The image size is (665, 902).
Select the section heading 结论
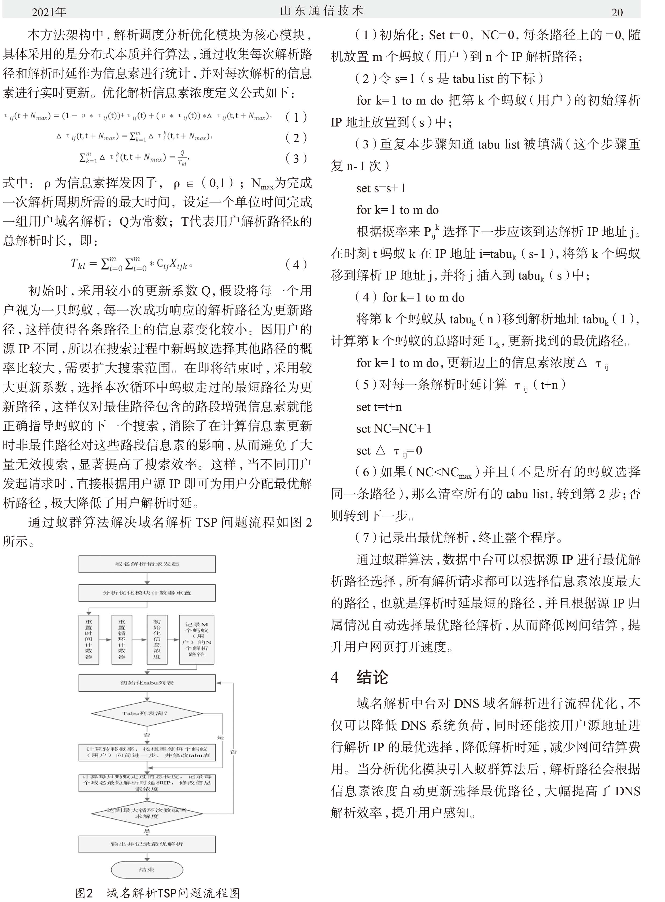click(x=372, y=677)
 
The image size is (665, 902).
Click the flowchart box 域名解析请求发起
click(x=147, y=564)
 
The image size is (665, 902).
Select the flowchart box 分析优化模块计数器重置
click(x=147, y=593)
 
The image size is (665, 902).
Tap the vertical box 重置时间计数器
click(x=88, y=639)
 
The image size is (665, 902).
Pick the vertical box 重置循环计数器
click(x=121, y=639)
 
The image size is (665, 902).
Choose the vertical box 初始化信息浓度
click(x=157, y=639)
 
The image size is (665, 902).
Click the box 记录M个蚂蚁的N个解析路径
click(x=197, y=639)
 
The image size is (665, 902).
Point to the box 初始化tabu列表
click(x=147, y=683)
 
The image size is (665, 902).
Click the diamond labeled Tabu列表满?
click(x=147, y=713)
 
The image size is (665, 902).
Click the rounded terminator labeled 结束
click(x=147, y=869)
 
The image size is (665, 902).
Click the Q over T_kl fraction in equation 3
click(x=182, y=158)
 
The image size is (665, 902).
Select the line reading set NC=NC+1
click(x=394, y=428)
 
